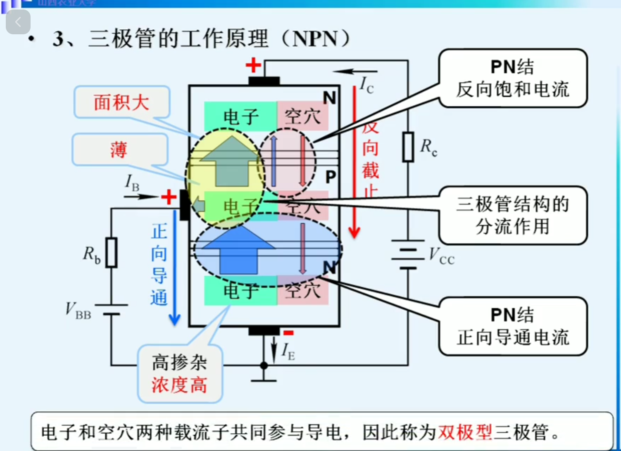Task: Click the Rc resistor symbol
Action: pos(408,147)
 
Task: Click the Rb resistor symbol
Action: pos(111,252)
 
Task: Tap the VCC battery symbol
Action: pos(408,254)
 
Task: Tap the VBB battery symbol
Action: pos(111,309)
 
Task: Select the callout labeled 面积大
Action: pos(121,102)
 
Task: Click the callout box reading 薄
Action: pos(120,150)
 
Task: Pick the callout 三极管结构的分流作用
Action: pos(513,215)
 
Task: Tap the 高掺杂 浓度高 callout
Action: pos(180,374)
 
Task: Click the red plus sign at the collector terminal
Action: pos(253,65)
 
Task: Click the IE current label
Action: pos(288,351)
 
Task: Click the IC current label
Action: pos(366,85)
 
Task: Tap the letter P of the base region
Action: pos(331,177)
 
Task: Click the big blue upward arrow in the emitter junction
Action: pos(239,250)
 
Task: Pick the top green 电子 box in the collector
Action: pos(240,116)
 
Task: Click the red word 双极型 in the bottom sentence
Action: pos(465,432)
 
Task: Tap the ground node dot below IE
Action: pos(264,366)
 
